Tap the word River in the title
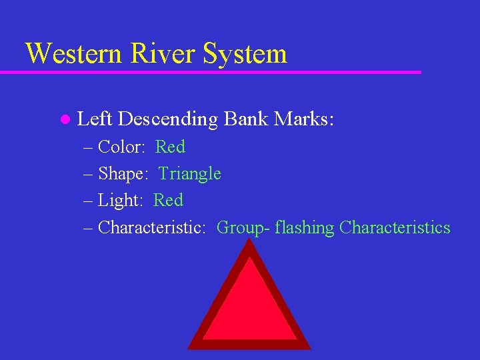[x=163, y=53]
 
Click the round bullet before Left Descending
[x=65, y=120]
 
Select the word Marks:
[x=304, y=119]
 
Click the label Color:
[x=121, y=147]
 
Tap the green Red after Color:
[x=170, y=147]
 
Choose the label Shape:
[x=123, y=174]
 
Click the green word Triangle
[x=190, y=174]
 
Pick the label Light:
[x=121, y=201]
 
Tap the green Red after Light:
[x=168, y=201]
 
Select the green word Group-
[x=241, y=228]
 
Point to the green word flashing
[x=303, y=228]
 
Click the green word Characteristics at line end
[x=395, y=227]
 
